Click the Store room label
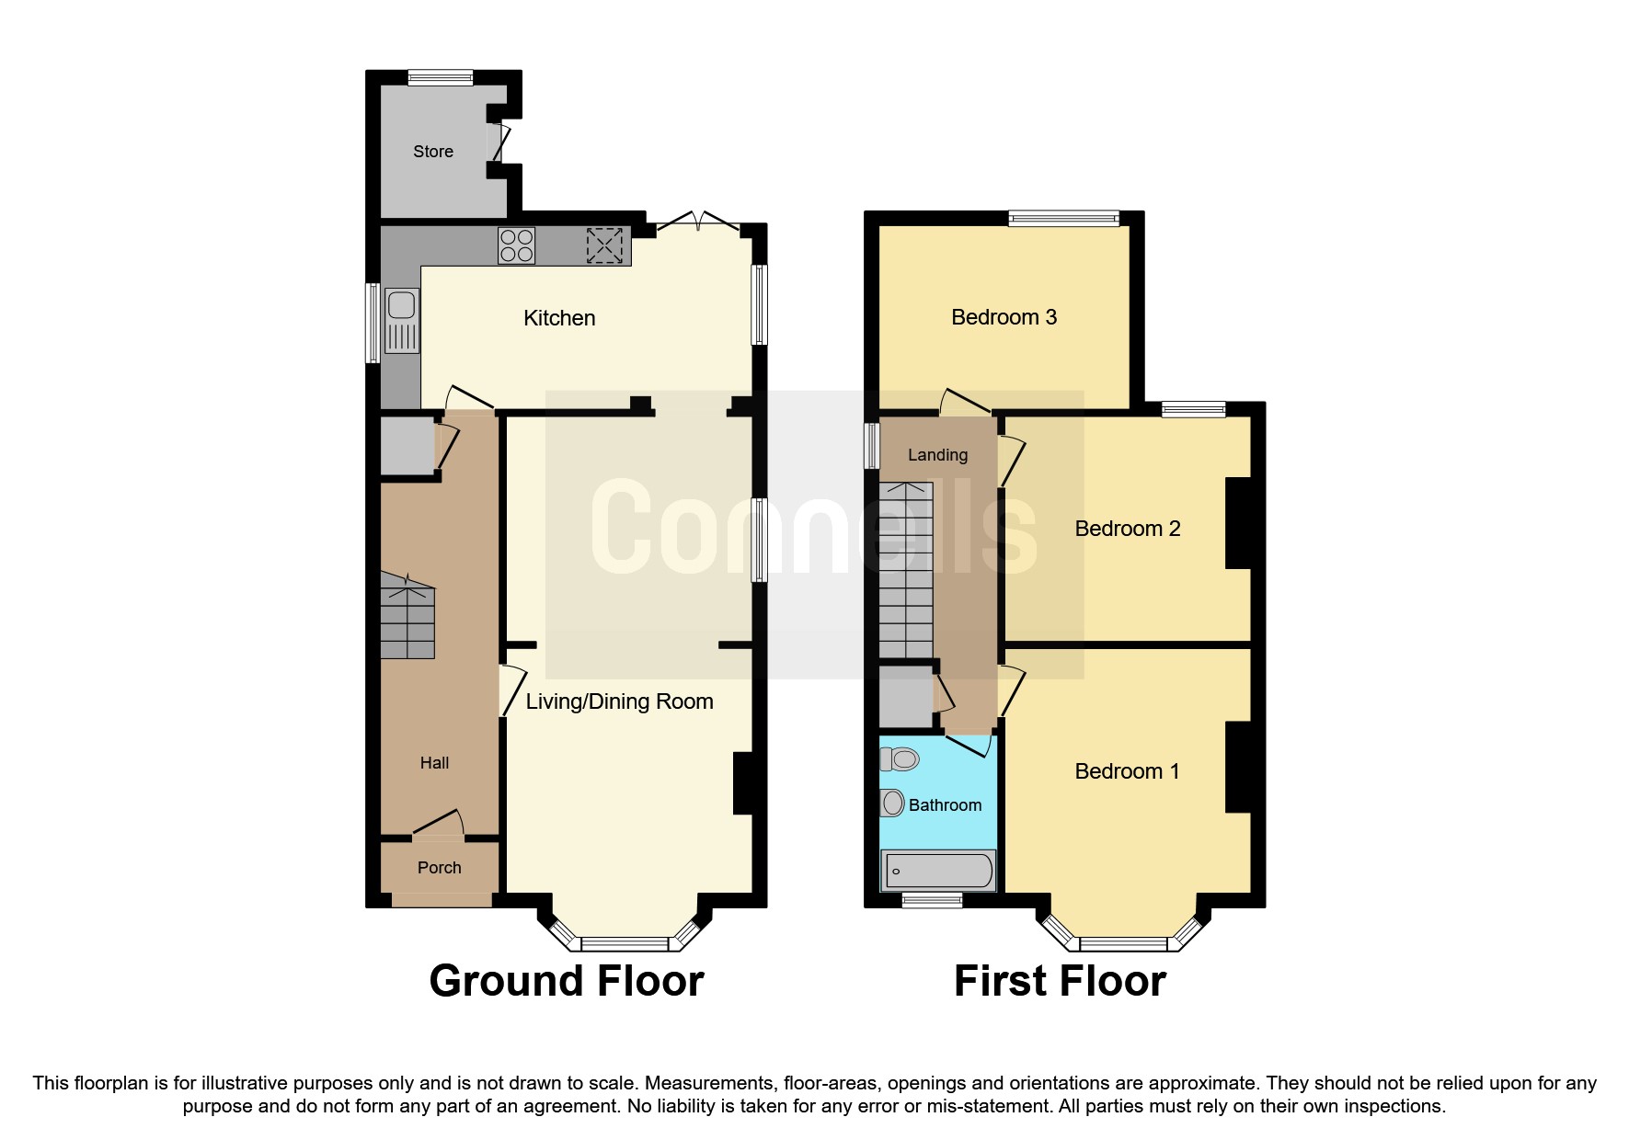click(x=432, y=152)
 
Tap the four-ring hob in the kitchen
click(x=516, y=245)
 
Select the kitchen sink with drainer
click(x=402, y=320)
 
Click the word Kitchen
click(x=559, y=318)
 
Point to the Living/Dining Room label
click(x=619, y=701)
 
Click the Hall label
click(x=434, y=762)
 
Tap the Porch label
click(x=439, y=867)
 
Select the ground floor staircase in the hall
click(x=407, y=619)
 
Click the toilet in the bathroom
click(x=900, y=759)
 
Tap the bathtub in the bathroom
click(x=937, y=870)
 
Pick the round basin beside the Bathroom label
click(x=892, y=804)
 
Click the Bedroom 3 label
click(x=1004, y=317)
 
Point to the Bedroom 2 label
click(x=1127, y=529)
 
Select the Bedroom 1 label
click(x=1127, y=771)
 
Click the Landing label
click(x=937, y=454)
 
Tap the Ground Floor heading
click(x=566, y=981)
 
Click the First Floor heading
click(x=1060, y=981)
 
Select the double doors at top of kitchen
click(x=698, y=221)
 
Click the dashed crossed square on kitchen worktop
click(x=604, y=245)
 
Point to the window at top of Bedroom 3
click(x=1063, y=218)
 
